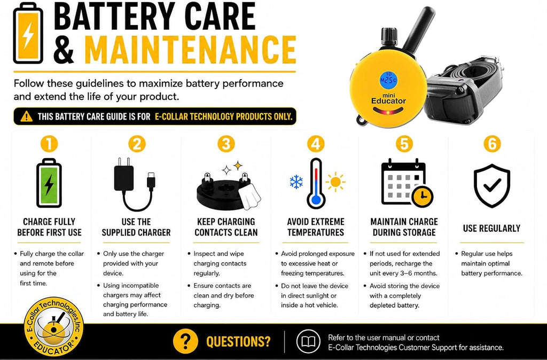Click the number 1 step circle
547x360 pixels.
pyautogui.click(x=49, y=144)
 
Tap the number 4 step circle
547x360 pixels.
pyautogui.click(x=316, y=144)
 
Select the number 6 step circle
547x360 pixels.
pyautogui.click(x=492, y=144)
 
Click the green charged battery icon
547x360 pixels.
pyautogui.click(x=49, y=183)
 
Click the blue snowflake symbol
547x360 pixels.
pyautogui.click(x=296, y=182)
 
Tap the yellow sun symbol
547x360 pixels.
pyautogui.click(x=335, y=182)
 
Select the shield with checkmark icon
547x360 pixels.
pyautogui.click(x=492, y=186)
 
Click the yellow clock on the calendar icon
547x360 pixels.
pyautogui.click(x=423, y=197)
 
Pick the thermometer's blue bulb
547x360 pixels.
pyautogui.click(x=316, y=200)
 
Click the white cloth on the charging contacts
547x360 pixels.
pyautogui.click(x=251, y=197)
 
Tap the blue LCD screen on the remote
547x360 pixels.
pyautogui.click(x=388, y=80)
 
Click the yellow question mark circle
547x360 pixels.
pyautogui.click(x=185, y=341)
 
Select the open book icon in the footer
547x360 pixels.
pyautogui.click(x=308, y=341)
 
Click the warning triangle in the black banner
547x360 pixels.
pyautogui.click(x=27, y=116)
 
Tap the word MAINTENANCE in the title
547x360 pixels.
pyautogui.click(x=191, y=49)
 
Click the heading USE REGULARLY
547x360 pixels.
pyautogui.click(x=491, y=228)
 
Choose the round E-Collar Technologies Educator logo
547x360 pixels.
pyautogui.click(x=54, y=327)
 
